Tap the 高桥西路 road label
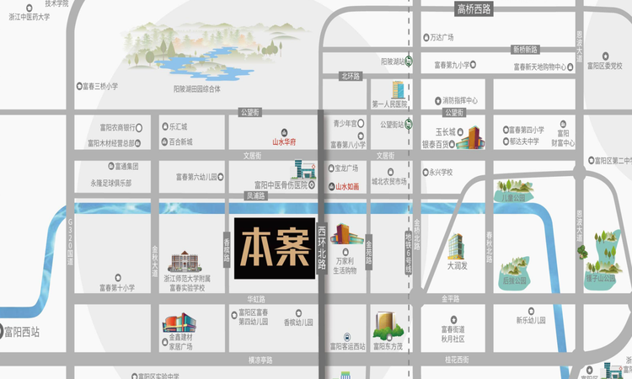(x=473, y=9)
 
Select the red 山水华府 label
(x=287, y=143)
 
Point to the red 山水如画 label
(x=347, y=185)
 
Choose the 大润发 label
(x=458, y=265)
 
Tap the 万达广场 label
(x=442, y=38)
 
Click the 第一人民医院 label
(x=388, y=104)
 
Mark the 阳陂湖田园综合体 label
(x=197, y=88)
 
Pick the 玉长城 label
(x=445, y=132)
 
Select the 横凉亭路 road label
(x=260, y=360)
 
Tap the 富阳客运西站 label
(x=347, y=346)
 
